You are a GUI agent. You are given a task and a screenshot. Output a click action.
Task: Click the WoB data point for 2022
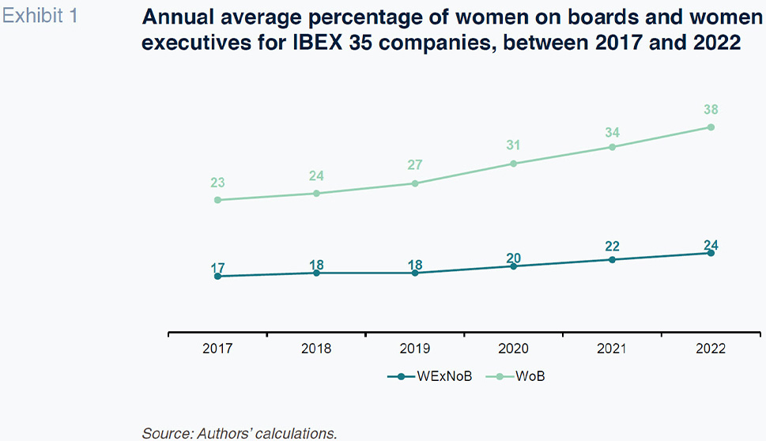click(x=711, y=127)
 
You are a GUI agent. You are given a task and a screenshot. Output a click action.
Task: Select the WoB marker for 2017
click(x=217, y=200)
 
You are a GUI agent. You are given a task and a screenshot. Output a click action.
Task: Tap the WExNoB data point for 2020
click(x=514, y=266)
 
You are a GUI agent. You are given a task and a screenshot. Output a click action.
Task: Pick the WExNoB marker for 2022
click(x=711, y=253)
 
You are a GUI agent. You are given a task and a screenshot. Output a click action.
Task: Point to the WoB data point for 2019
click(x=415, y=183)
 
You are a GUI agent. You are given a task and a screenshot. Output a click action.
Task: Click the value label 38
click(x=711, y=110)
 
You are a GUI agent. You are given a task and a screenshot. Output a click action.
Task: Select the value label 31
click(x=514, y=146)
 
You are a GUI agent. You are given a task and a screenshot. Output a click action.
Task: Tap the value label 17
click(x=217, y=268)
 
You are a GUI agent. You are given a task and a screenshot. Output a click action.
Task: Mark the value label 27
click(x=415, y=166)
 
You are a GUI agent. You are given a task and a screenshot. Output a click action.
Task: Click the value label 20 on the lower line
click(x=514, y=258)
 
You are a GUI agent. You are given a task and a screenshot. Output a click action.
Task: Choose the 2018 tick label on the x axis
click(x=316, y=349)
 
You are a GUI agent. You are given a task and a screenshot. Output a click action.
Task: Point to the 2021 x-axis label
click(x=612, y=349)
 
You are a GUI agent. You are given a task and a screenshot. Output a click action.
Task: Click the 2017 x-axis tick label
click(x=217, y=349)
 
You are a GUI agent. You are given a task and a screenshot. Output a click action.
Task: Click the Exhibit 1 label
click(x=40, y=15)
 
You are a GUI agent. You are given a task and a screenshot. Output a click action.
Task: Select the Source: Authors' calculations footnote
click(x=240, y=432)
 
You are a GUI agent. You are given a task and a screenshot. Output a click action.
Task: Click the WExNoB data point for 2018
click(x=316, y=273)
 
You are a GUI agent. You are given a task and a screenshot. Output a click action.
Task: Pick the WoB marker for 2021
click(x=612, y=147)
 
